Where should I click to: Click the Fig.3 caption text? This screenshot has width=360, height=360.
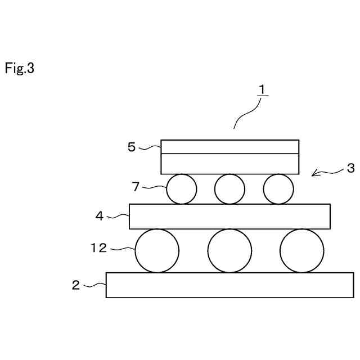(x=20, y=69)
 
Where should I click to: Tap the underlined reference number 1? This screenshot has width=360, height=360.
(x=262, y=89)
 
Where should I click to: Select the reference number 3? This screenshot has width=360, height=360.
(x=350, y=168)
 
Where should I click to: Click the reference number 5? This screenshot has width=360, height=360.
(x=132, y=147)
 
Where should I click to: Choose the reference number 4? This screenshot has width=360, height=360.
(x=100, y=215)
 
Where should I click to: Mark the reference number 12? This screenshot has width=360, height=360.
(x=98, y=247)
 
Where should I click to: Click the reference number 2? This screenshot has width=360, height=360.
(x=76, y=285)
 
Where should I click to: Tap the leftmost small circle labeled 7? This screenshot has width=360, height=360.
(x=182, y=189)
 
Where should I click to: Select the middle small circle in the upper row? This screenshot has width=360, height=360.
(x=230, y=189)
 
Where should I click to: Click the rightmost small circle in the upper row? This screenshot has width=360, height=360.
(x=278, y=189)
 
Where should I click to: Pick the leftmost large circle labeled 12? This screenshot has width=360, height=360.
(x=157, y=251)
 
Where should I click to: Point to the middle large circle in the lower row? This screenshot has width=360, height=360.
(x=229, y=251)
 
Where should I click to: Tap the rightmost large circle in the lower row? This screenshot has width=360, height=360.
(x=302, y=251)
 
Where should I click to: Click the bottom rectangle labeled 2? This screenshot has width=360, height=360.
(x=229, y=285)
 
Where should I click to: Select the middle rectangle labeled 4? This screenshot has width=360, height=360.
(x=229, y=217)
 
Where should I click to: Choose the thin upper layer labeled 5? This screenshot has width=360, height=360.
(x=229, y=147)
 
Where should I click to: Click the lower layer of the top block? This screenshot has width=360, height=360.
(x=229, y=164)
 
